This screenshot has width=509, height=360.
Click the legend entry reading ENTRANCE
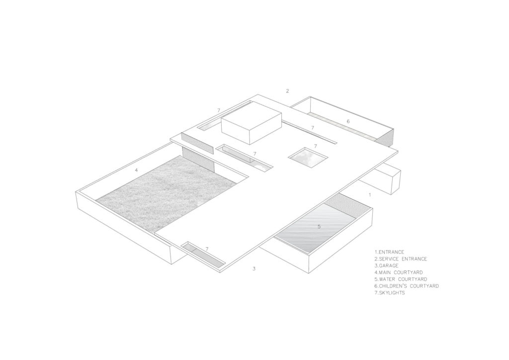pyautogui.click(x=389, y=252)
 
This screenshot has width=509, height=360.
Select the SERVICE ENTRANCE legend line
pyautogui.click(x=401, y=259)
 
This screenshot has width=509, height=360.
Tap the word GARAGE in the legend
pyautogui.click(x=386, y=266)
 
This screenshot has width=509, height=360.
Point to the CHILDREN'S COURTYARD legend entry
pyautogui.click(x=407, y=286)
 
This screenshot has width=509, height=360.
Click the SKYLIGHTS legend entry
pyautogui.click(x=390, y=293)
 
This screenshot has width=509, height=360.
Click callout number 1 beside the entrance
pyautogui.click(x=370, y=195)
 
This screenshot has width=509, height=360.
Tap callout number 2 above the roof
pyautogui.click(x=287, y=91)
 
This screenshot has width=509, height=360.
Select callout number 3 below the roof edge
pyautogui.click(x=254, y=269)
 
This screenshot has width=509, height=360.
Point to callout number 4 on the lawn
pyautogui.click(x=136, y=170)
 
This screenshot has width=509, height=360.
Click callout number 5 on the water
pyautogui.click(x=319, y=227)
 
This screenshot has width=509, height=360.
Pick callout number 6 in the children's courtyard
pyautogui.click(x=348, y=121)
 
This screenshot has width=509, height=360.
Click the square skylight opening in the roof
pyautogui.click(x=308, y=158)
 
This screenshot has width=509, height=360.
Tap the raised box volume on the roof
pyautogui.click(x=251, y=123)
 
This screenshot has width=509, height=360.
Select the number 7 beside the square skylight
pyautogui.click(x=315, y=146)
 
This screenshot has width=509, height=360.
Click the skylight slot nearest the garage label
pyautogui.click(x=203, y=255)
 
